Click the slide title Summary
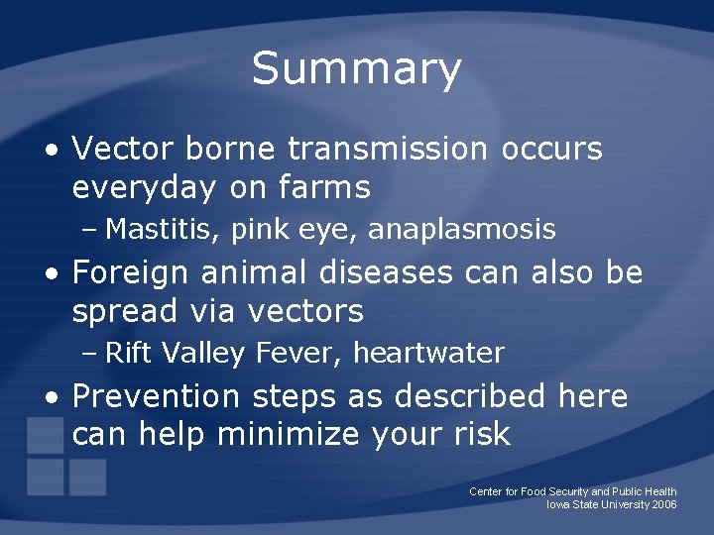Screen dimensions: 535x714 tap(357, 68)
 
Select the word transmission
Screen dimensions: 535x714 tap(388, 149)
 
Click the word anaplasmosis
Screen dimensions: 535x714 tap(461, 230)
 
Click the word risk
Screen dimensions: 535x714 tap(479, 434)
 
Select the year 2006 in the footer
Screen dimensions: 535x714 tap(664, 504)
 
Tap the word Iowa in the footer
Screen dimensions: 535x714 tap(559, 504)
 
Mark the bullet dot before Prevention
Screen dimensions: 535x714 tap(50, 398)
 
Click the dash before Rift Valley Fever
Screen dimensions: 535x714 tap(90, 354)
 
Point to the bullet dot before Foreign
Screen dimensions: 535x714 tap(50, 274)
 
